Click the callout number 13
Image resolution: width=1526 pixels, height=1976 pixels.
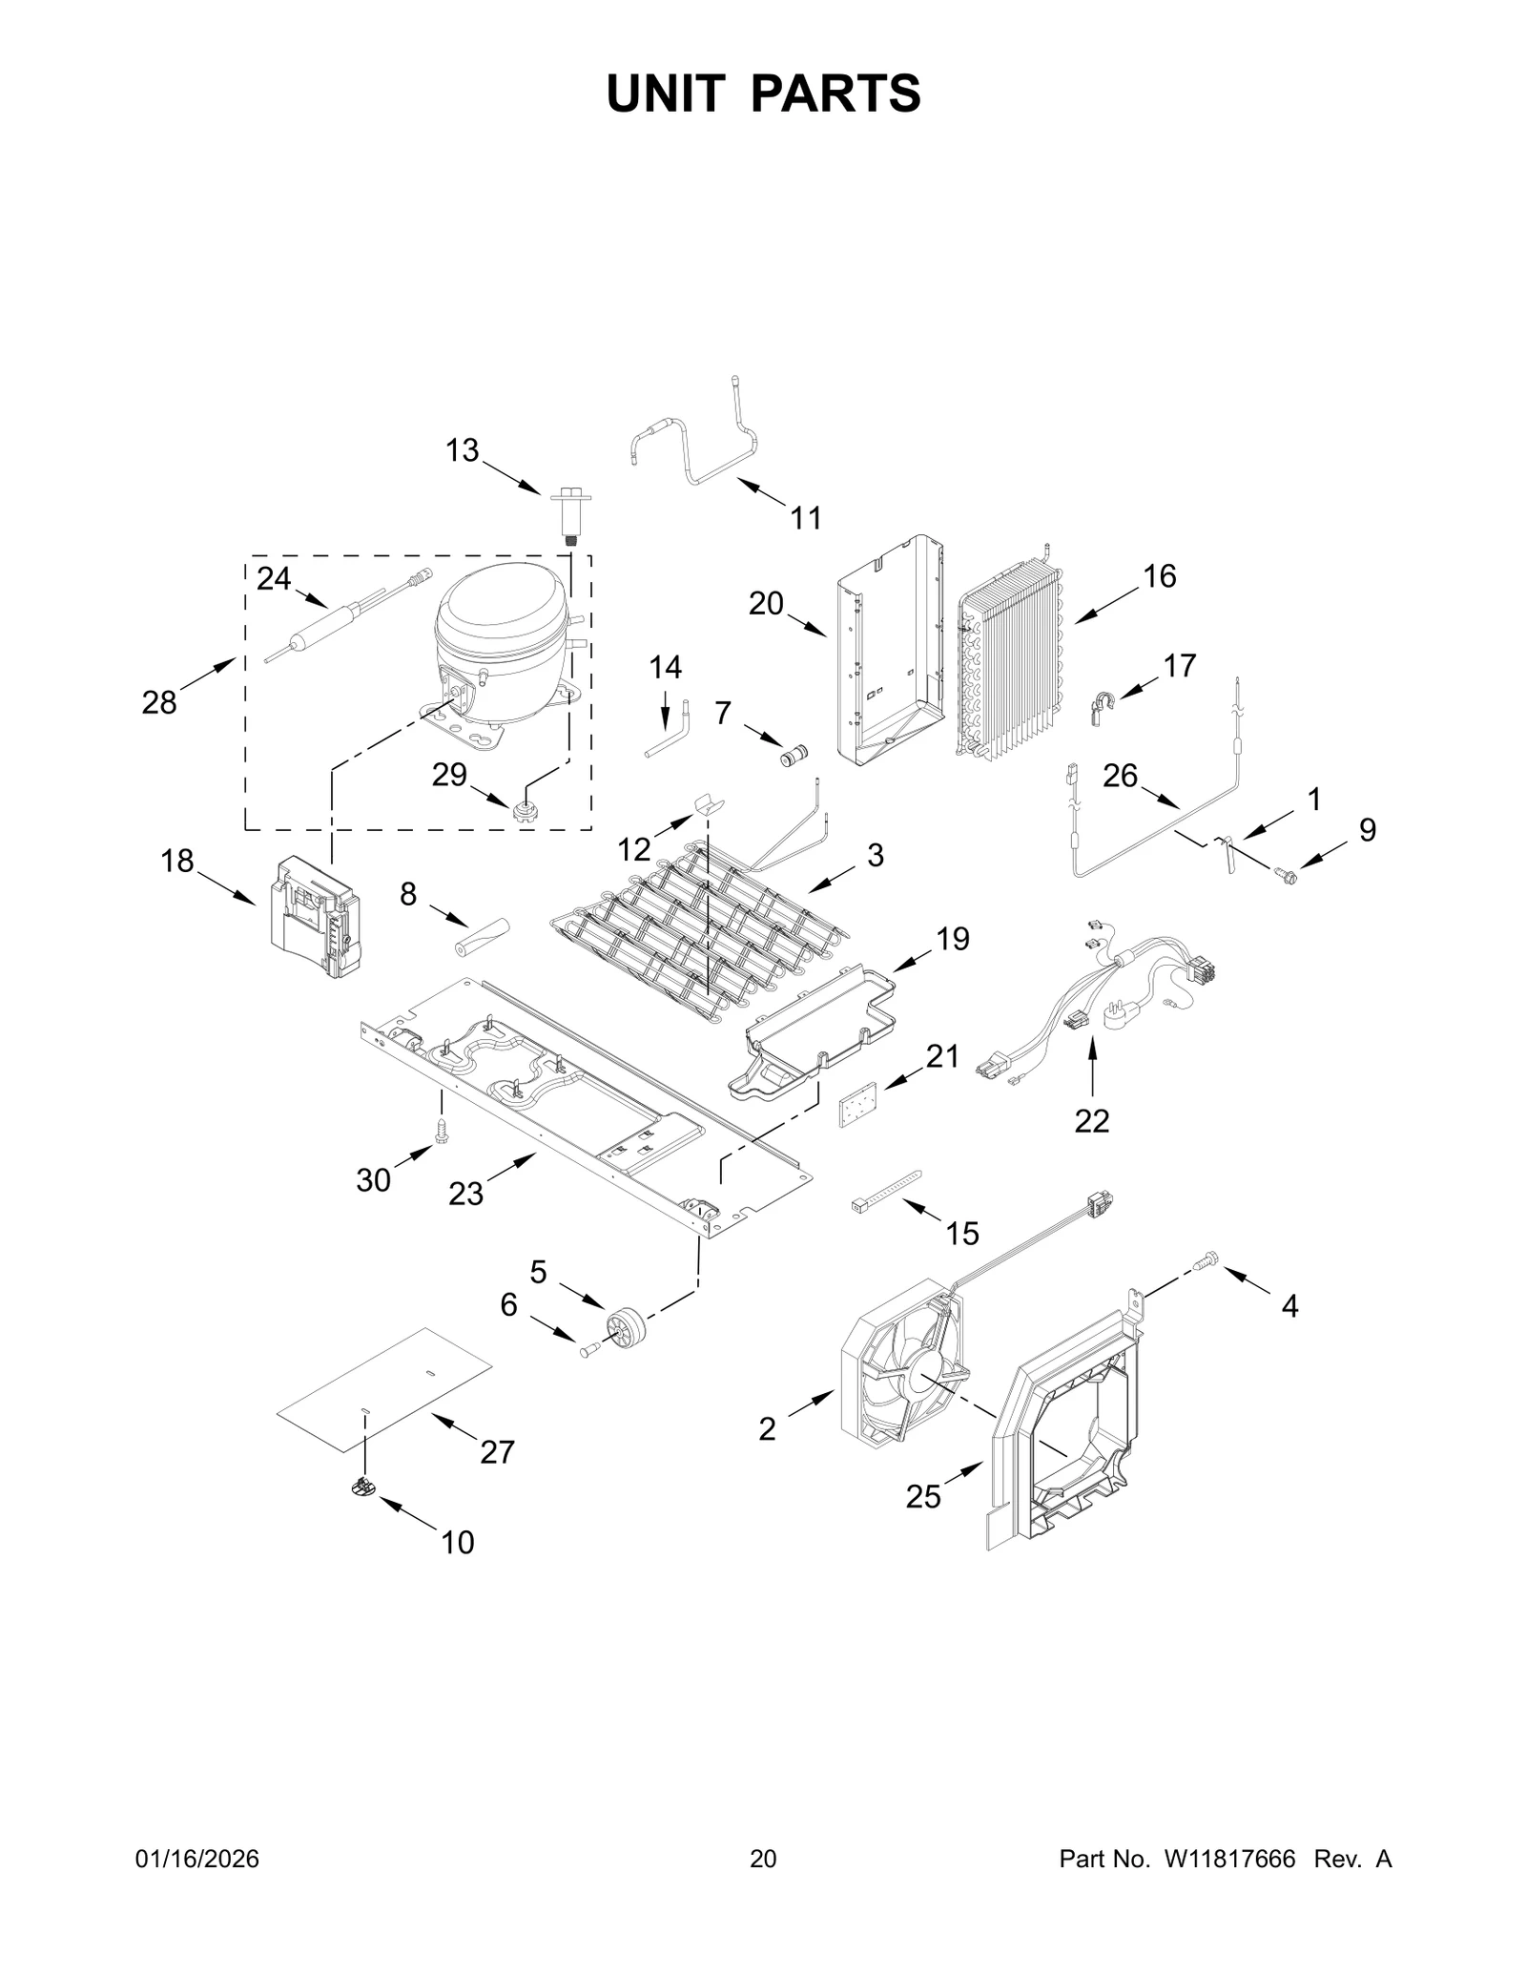tap(463, 450)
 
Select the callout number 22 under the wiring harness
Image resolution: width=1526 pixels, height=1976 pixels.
tap(1091, 1121)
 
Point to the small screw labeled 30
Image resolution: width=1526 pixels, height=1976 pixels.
tap(442, 1132)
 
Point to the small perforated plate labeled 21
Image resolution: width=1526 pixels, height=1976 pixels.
tap(857, 1111)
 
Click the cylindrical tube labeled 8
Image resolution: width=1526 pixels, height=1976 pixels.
tap(484, 935)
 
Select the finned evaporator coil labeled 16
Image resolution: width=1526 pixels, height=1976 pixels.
tap(1009, 674)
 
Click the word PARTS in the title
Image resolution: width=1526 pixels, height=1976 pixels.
tap(835, 94)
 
